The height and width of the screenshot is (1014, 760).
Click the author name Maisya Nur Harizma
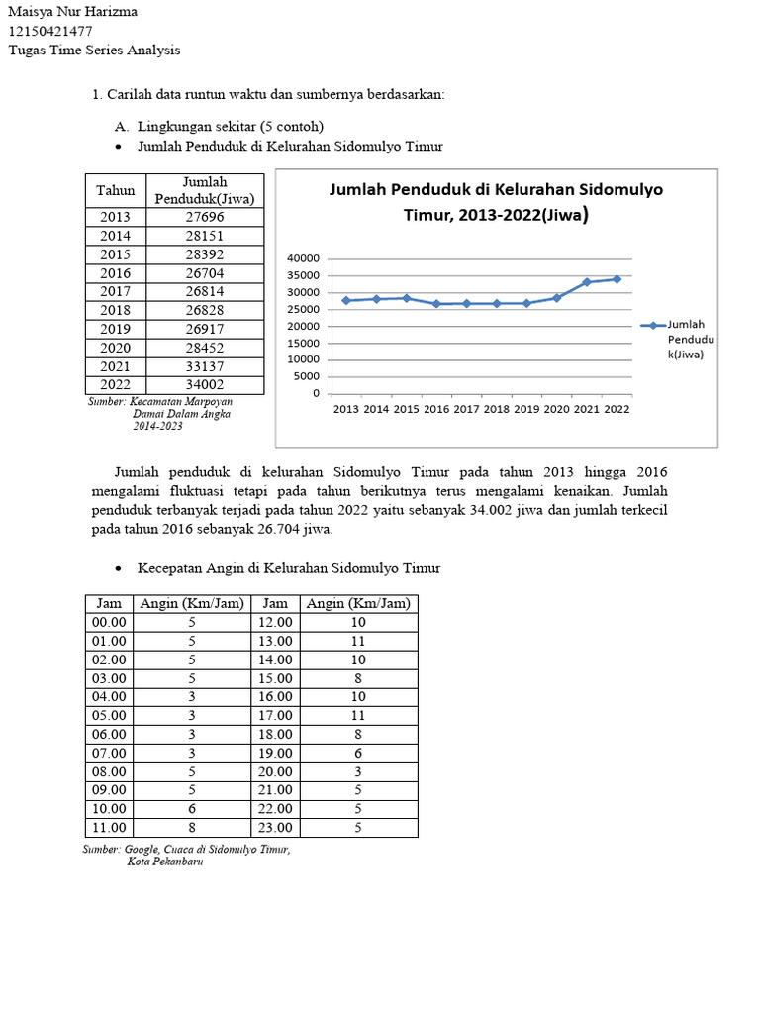[72, 12]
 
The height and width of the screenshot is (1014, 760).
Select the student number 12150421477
[50, 31]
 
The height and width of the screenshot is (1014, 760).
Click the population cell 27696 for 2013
[205, 217]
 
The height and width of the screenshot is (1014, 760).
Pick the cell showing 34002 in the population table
[205, 385]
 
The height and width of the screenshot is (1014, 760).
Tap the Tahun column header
[116, 189]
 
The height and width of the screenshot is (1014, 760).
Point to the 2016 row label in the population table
[116, 273]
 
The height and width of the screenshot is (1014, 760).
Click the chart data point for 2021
[587, 282]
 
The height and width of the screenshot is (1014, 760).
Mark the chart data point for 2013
[346, 300]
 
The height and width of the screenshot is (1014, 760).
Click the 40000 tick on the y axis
[303, 258]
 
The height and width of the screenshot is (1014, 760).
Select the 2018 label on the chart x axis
[497, 408]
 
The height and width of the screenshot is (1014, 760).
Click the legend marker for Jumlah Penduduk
[652, 325]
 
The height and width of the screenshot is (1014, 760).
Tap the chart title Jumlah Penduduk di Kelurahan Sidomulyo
[496, 189]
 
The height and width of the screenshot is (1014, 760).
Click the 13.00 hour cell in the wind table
[275, 641]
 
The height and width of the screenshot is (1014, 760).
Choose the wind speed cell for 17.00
[358, 715]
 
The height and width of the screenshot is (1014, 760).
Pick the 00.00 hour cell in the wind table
[109, 622]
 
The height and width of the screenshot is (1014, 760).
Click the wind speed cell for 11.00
[192, 828]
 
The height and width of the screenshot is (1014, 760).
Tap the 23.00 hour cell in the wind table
[275, 828]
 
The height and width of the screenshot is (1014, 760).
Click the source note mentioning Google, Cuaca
[188, 850]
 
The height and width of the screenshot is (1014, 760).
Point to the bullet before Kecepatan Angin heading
[119, 569]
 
